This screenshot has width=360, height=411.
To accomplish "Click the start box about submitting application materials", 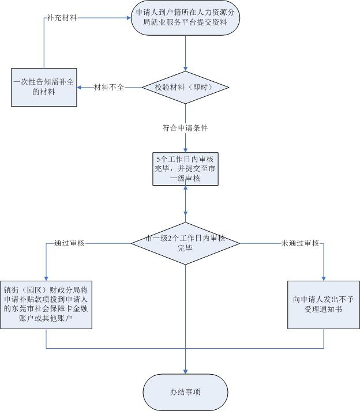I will click(185, 21).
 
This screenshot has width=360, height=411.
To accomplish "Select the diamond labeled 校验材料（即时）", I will click(185, 88).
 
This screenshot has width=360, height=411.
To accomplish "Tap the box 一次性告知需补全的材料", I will click(44, 88).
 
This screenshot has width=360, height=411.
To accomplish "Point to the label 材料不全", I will click(110, 88).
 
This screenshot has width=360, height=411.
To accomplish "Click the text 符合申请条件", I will click(185, 127).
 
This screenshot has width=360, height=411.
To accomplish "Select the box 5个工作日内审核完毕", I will click(185, 168).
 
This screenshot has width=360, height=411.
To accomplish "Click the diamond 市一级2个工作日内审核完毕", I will click(185, 244).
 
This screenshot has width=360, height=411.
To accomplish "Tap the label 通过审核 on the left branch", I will click(69, 244).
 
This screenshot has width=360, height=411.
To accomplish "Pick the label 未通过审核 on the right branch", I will click(300, 244).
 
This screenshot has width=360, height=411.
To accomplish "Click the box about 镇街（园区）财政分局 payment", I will click(46, 304).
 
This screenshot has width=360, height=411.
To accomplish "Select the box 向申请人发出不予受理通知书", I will click(323, 304).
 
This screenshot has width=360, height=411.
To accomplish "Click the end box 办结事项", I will click(185, 392).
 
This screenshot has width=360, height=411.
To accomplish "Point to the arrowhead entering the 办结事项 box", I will click(185, 371).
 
